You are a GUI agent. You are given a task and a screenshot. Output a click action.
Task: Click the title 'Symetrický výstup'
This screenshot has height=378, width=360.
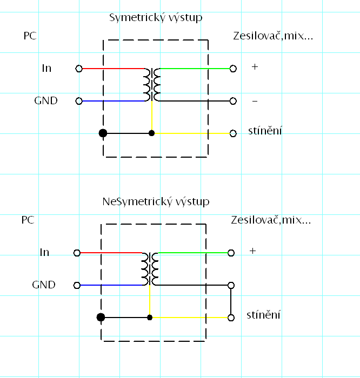tap(156, 18)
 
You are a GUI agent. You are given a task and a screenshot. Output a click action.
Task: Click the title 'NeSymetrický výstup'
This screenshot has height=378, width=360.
tap(156, 202)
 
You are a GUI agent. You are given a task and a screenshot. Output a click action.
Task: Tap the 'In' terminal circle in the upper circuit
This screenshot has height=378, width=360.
tap(79, 69)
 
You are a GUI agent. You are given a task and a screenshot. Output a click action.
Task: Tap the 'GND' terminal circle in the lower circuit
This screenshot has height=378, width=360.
tap(77, 286)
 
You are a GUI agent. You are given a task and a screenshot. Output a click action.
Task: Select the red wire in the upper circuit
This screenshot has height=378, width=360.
tap(114, 69)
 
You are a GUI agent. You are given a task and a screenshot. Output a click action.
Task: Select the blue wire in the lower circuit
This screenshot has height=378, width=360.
tap(111, 285)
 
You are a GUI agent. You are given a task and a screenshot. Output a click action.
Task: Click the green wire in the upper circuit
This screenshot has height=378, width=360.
tap(195, 69)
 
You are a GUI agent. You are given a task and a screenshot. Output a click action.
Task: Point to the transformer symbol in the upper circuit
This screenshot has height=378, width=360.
tap(152, 85)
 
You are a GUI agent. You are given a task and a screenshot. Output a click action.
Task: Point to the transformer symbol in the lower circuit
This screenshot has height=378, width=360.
tap(150, 269)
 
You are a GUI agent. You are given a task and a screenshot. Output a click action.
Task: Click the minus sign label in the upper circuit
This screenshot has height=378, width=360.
tap(255, 102)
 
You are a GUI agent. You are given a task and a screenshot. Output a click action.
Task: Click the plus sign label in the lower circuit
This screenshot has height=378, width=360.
tap(252, 251)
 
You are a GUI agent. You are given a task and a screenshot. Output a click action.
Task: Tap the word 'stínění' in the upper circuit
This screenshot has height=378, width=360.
tap(265, 131)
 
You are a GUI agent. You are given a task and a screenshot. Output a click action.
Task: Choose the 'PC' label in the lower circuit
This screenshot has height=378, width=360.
tap(28, 220)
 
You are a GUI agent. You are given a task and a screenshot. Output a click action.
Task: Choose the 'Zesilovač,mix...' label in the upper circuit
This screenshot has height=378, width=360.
tap(273, 36)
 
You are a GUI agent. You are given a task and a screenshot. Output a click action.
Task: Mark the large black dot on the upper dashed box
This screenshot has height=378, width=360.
tap(103, 133)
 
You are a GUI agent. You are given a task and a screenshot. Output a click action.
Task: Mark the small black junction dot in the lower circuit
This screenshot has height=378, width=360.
tap(150, 318)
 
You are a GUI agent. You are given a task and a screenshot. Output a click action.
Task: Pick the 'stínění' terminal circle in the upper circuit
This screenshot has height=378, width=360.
tap(233, 133)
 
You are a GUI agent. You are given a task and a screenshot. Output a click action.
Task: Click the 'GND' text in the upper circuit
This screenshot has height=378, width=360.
tap(46, 101)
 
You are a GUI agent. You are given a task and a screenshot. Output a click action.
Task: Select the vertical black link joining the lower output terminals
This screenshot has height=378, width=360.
tap(231, 301)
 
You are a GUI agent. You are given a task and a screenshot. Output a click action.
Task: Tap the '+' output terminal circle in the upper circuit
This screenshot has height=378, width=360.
tap(233, 69)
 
